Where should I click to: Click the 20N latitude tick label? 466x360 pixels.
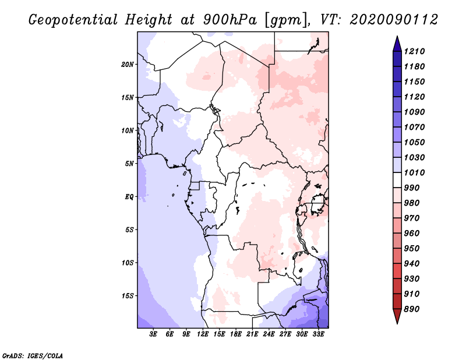(x=128, y=65)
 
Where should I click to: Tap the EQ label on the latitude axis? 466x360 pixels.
(x=129, y=197)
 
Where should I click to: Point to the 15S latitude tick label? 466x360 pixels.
(x=128, y=296)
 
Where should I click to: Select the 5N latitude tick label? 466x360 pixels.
(x=129, y=164)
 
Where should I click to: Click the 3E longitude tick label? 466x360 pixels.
(x=153, y=334)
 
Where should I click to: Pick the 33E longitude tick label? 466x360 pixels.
(x=318, y=334)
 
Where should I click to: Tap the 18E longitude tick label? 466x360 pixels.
(x=236, y=334)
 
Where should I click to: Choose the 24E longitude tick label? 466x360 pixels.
(x=269, y=334)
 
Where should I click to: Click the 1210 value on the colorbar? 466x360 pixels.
(x=414, y=51)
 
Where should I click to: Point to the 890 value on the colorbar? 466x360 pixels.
(x=412, y=309)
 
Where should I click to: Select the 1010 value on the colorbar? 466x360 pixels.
(x=414, y=172)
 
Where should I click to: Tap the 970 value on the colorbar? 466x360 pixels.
(x=412, y=218)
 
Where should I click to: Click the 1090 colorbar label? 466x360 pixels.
(x=414, y=112)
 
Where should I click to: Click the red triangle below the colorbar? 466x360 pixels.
(x=397, y=316)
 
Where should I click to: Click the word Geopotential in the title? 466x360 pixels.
(x=73, y=20)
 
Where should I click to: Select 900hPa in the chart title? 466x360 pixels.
(x=230, y=20)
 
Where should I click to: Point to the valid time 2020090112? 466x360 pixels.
(x=394, y=20)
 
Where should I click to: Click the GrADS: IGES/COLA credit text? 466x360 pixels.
(x=33, y=356)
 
